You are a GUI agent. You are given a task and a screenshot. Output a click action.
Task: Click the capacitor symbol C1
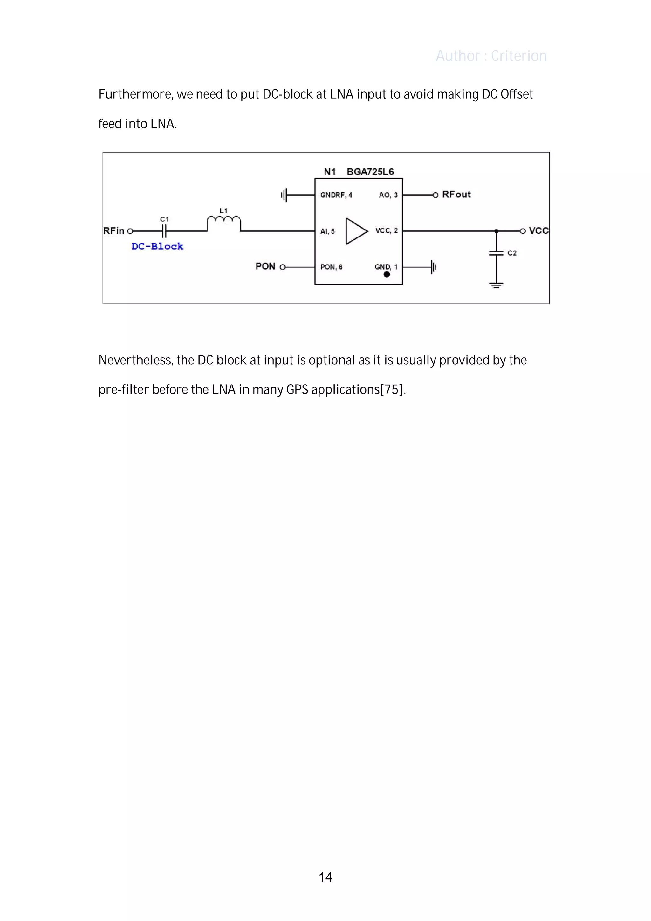(164, 231)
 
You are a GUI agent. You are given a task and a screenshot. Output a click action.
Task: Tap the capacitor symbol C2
(496, 253)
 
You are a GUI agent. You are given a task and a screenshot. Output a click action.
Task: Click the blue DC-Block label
(157, 246)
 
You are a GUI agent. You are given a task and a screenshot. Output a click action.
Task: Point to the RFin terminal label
(114, 231)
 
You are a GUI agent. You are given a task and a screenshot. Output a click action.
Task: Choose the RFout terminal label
(456, 195)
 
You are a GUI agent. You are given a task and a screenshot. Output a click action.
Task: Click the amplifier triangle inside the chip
(356, 231)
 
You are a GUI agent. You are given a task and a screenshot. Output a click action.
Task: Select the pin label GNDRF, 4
(336, 195)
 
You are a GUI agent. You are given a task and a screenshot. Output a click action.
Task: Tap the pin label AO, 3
(388, 195)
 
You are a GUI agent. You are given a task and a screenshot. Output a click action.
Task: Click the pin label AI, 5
(327, 231)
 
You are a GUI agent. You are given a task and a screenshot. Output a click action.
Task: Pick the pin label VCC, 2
(386, 231)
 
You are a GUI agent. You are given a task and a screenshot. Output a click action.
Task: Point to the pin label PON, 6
(331, 267)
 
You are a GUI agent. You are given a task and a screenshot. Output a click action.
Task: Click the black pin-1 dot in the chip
(387, 274)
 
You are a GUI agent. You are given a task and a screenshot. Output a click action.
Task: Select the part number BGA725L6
(370, 172)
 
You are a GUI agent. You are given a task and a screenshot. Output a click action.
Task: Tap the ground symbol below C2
(496, 285)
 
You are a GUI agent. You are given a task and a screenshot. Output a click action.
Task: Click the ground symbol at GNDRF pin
(284, 195)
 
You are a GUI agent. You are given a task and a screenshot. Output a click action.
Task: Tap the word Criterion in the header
(519, 56)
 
